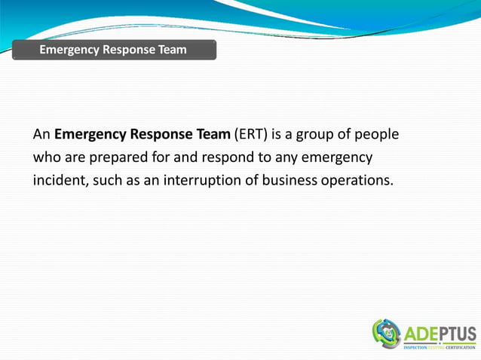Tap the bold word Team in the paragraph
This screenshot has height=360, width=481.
coord(210,136)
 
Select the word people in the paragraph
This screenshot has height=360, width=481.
coord(375,136)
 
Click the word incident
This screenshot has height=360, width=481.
coord(60,182)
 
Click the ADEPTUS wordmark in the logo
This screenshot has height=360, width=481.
coord(440,334)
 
